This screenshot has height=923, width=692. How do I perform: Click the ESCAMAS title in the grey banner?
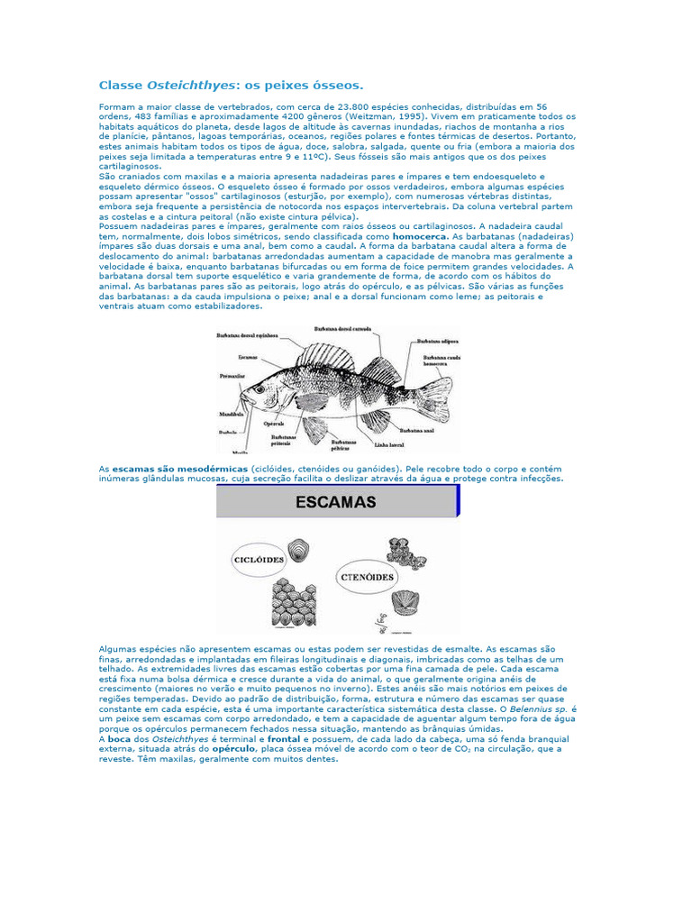pyautogui.click(x=335, y=502)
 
